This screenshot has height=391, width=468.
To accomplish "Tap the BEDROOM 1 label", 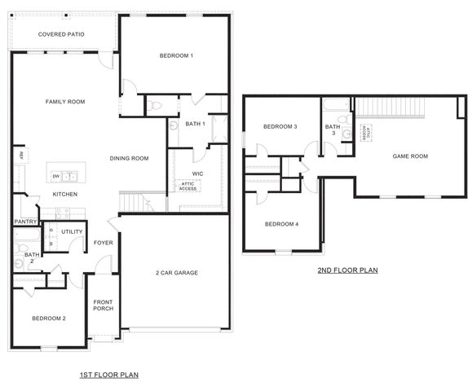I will point(176,55).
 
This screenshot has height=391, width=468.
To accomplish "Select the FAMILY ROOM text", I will point(65,102).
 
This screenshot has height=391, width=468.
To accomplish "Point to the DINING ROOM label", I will point(129,158).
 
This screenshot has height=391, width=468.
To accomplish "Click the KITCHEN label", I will point(65,195).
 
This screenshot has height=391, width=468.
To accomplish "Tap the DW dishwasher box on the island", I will point(55,176).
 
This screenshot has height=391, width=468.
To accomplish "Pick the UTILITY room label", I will point(72,232).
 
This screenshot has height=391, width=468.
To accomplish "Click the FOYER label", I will point(103,242).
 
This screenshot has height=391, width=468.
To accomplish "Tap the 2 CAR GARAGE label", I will point(177,273).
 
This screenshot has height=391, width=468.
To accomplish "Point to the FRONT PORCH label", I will point(103,305).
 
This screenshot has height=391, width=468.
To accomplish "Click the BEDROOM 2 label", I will point(49,319).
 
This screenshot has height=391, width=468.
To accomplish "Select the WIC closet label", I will point(197,174).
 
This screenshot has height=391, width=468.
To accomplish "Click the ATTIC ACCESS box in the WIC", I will point(188,187).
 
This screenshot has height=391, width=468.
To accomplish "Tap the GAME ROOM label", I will point(410,156).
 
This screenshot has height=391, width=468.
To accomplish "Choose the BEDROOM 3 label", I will point(279,127).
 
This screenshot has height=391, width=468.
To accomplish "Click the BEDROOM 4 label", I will point(280,224).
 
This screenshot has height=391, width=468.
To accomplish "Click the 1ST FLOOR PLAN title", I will point(109,375).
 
